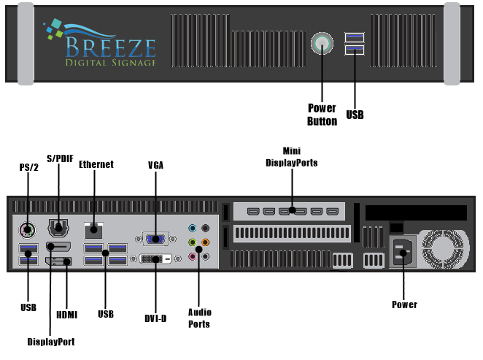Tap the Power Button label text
click(x=322, y=115)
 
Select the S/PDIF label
click(x=60, y=158)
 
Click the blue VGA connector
click(x=155, y=237)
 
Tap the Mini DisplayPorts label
click(x=292, y=156)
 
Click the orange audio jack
click(x=206, y=242)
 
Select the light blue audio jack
click(x=193, y=228)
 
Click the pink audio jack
click(x=193, y=256)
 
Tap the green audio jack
click(x=193, y=242)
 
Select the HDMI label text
click(x=66, y=315)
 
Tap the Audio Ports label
click(x=199, y=318)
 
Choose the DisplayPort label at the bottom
click(x=50, y=341)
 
